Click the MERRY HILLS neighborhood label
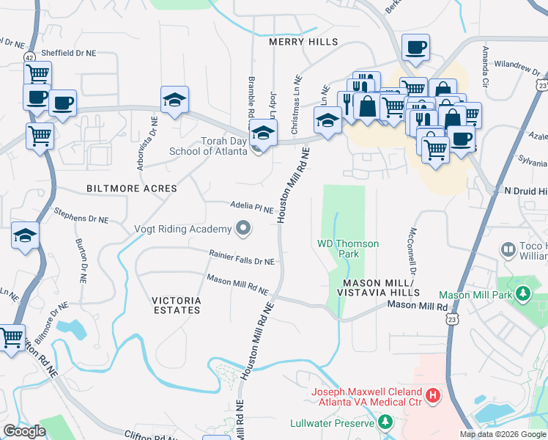click(303, 42)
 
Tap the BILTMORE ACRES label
click(132, 188)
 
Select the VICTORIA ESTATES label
click(176, 305)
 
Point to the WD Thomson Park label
click(348, 249)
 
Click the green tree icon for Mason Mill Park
click(522, 294)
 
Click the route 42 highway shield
click(28, 56)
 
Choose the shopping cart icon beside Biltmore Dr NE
click(11, 338)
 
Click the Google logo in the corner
click(24, 431)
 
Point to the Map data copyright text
click(503, 434)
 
